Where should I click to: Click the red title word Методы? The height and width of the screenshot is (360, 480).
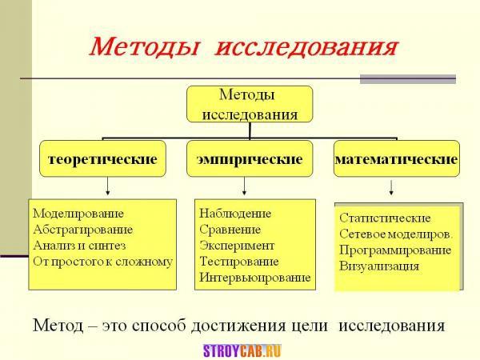coord(144,47)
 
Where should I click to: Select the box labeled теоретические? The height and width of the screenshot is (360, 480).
coord(102,158)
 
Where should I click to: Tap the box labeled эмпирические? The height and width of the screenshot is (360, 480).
coord(250,158)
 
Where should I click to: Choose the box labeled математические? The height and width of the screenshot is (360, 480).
coord(397,158)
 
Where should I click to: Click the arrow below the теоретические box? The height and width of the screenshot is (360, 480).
coord(107,186)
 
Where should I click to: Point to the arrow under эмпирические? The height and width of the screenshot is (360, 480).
coord(244,186)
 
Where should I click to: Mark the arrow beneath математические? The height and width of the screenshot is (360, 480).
coord(391,188)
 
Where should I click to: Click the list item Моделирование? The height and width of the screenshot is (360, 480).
coord(78,214)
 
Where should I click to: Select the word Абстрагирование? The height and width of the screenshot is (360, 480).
coord(83,230)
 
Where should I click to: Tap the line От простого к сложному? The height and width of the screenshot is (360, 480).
coord(103,262)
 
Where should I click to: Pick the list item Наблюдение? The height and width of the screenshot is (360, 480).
coord(235,214)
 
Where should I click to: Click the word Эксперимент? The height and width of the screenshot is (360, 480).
coord(237,246)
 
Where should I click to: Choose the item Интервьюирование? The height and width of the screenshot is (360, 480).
coord(255,278)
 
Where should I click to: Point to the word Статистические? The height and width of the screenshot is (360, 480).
coord(385,218)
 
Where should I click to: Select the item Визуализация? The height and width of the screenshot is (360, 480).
coord(379,266)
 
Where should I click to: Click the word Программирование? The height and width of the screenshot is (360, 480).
coord(395,250)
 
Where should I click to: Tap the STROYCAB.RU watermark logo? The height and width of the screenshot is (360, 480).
coord(242,351)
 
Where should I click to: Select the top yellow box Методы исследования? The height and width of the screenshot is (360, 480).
coord(250,104)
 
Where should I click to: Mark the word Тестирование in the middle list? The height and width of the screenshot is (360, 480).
coord(239,262)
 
